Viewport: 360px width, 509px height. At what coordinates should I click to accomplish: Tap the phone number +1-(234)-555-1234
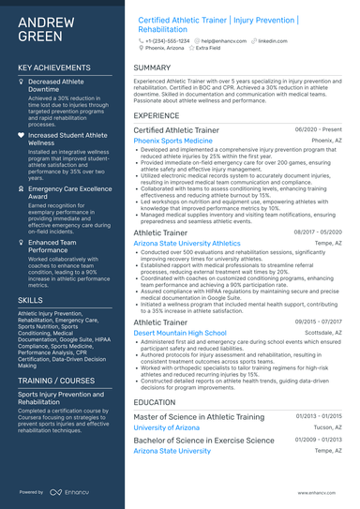point(167,41)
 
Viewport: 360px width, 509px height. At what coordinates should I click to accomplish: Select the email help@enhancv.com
point(222,41)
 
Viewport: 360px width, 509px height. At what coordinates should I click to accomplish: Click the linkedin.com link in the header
point(273,41)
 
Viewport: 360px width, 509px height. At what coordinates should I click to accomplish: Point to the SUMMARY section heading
point(153,67)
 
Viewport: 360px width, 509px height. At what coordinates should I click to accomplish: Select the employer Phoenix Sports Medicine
point(173,140)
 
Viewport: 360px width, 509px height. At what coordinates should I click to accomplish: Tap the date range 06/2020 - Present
point(318,129)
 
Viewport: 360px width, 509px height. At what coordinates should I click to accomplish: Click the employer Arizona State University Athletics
point(187,243)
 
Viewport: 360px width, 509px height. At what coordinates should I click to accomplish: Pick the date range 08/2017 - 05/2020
point(317,232)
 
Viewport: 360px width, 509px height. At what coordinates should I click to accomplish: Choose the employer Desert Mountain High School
point(180,332)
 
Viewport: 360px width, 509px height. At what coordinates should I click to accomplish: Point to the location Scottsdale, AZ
point(322,332)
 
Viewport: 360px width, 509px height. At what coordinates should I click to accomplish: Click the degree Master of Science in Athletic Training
point(199,416)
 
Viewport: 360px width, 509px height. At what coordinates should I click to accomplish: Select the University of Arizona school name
point(166,427)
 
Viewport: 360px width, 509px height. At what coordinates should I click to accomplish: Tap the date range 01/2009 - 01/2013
point(319,439)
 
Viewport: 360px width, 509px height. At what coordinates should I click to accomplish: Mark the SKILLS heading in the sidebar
point(30,300)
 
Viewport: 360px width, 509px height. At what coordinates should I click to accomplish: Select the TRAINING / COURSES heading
point(56,382)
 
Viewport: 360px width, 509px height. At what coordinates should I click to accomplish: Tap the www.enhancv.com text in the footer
point(321,492)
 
